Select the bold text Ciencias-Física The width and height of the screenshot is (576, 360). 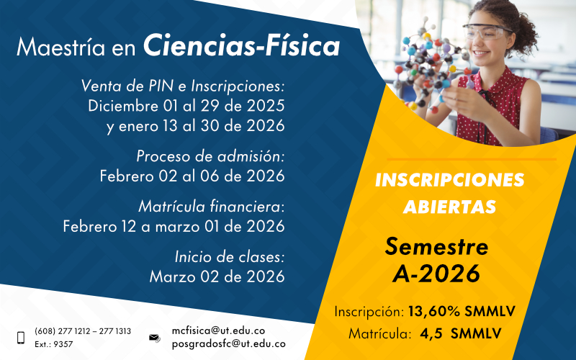point(242,47)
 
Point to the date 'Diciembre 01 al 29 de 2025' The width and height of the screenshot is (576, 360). point(186,106)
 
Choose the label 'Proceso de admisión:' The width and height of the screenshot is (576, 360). point(210,156)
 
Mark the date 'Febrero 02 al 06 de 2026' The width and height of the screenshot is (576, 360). point(192,175)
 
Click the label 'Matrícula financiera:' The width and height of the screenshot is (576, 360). point(212,207)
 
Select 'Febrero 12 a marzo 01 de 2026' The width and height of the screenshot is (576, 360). point(174,226)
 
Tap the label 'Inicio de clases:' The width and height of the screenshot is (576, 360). point(230,256)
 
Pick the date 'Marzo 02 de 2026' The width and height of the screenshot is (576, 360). point(217,276)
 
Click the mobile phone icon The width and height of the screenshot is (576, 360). point(20,337)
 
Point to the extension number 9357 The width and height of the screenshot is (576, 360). point(63,344)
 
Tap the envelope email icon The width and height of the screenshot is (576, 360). point(154,337)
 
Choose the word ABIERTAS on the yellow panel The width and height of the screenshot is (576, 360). point(449,207)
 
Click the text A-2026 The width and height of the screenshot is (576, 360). point(436,274)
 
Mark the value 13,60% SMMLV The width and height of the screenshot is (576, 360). point(462,312)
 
